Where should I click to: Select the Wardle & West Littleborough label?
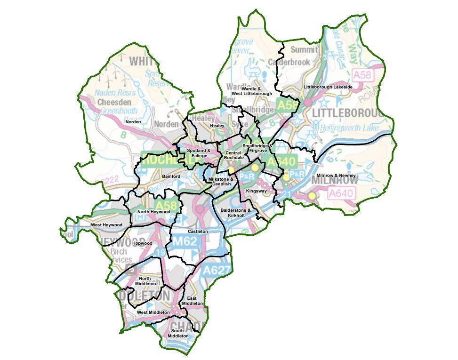tap(257, 91)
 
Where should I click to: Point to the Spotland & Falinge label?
tap(197, 153)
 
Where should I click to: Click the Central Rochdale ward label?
tap(233, 155)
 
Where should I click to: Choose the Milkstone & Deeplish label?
tap(221, 182)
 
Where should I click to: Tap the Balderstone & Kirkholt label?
tap(236, 212)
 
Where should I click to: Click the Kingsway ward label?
tap(256, 192)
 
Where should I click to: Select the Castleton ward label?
tap(198, 232)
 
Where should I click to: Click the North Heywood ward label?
tap(153, 212)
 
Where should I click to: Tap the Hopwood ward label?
tap(142, 243)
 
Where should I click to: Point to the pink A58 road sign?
tap(362, 75)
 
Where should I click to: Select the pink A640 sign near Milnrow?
tap(341, 193)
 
